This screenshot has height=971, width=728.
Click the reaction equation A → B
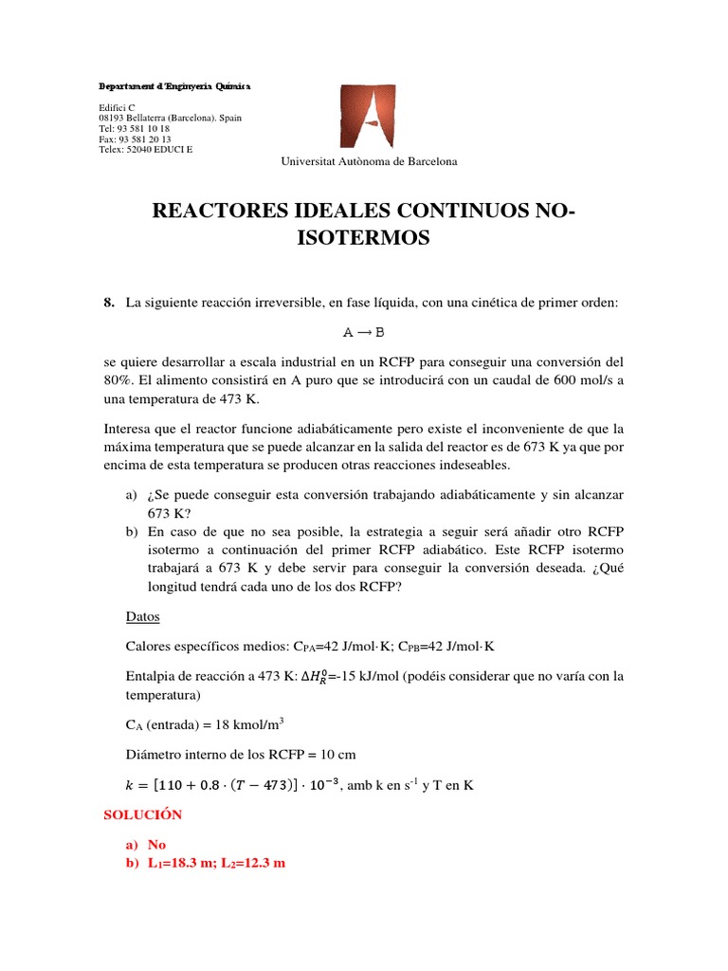coord(364,333)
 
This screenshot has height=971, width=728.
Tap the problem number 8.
coord(108,302)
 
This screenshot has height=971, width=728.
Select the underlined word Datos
coord(142,617)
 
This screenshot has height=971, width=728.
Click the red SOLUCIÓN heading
coord(143,815)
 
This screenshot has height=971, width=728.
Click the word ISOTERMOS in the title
coord(364,238)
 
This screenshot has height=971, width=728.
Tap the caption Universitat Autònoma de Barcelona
coord(369,161)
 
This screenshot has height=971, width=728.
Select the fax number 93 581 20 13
coord(145,138)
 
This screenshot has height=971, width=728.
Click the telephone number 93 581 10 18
coord(142,128)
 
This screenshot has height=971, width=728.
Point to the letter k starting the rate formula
coord(130,785)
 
